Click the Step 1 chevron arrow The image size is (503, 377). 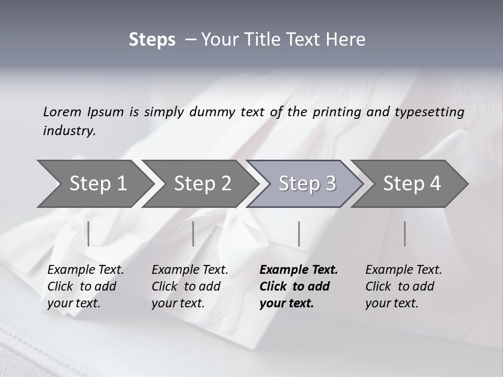(x=97, y=184)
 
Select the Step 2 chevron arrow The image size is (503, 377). (x=202, y=184)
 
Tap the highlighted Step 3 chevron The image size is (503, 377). (x=307, y=184)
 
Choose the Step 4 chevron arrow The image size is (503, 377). (x=412, y=184)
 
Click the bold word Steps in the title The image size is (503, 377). (x=152, y=40)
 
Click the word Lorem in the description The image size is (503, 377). (x=62, y=112)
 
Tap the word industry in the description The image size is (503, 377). (x=69, y=131)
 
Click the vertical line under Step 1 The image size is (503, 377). (x=88, y=234)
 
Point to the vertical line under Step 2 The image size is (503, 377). (x=193, y=234)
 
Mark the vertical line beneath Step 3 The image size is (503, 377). (x=299, y=234)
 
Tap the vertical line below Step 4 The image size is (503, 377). (x=404, y=234)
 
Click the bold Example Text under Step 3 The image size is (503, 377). (x=299, y=270)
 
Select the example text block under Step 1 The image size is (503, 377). (x=85, y=286)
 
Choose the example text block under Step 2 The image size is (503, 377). (x=190, y=286)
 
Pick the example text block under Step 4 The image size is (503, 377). (x=403, y=286)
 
